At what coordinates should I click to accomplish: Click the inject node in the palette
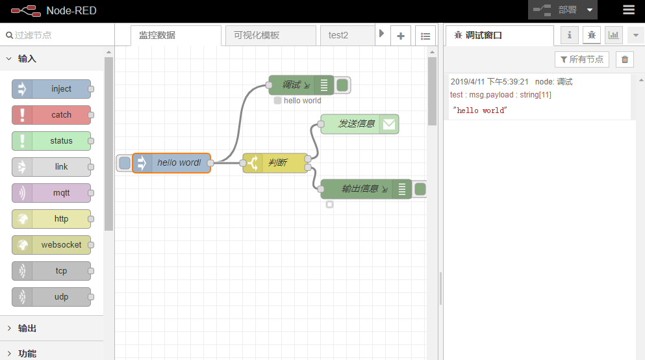point(51,89)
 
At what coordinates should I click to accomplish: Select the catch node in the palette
point(51,115)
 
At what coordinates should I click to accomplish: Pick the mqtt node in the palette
point(51,193)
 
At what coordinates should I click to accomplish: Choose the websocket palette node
point(51,245)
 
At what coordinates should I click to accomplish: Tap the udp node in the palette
point(51,297)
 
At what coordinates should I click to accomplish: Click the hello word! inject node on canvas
point(171,163)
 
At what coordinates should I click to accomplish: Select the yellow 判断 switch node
point(275,163)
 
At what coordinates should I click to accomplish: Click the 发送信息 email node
point(359,124)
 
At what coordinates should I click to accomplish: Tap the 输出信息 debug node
point(366,189)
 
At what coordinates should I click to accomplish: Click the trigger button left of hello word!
point(124,163)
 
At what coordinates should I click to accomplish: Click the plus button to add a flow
point(401,36)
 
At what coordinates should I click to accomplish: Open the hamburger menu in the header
point(629,10)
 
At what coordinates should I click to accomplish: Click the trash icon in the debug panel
point(624,60)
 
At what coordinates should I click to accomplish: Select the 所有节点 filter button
point(581,60)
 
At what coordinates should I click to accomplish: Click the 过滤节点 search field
point(58,35)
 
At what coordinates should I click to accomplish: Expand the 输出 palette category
point(27,328)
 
